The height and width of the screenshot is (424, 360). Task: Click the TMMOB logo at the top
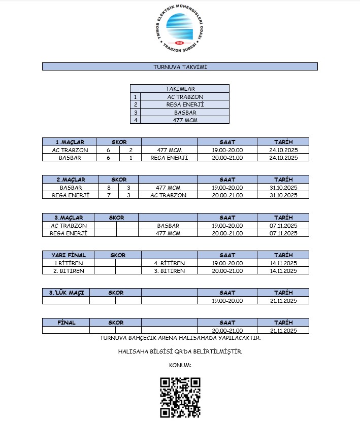[180, 28]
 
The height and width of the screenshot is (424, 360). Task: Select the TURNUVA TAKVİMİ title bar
[180, 66]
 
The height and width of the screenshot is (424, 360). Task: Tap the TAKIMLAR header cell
[180, 89]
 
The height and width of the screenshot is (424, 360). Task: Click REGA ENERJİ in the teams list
[185, 104]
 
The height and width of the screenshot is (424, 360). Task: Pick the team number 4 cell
[135, 120]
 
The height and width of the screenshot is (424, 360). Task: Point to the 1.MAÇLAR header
[70, 142]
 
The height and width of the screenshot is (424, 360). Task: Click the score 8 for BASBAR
[109, 188]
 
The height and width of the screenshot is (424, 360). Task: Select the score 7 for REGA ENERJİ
[109, 195]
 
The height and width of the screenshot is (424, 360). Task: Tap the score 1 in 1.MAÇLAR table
[131, 158]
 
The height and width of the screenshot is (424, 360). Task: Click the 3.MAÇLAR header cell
[69, 218]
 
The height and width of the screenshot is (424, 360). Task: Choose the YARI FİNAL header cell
[68, 255]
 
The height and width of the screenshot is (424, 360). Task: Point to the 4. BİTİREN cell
[169, 263]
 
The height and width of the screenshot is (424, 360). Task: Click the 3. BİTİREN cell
[169, 271]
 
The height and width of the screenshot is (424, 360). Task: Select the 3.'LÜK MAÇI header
[66, 293]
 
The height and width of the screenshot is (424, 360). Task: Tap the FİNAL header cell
[66, 323]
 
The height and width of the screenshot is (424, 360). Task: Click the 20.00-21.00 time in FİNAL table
[227, 331]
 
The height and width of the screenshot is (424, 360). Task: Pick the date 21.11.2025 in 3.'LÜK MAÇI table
[283, 301]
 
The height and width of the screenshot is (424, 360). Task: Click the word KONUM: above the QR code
[180, 365]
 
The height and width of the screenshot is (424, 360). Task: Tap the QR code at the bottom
[180, 398]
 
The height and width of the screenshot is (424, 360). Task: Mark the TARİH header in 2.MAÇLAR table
[283, 180]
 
